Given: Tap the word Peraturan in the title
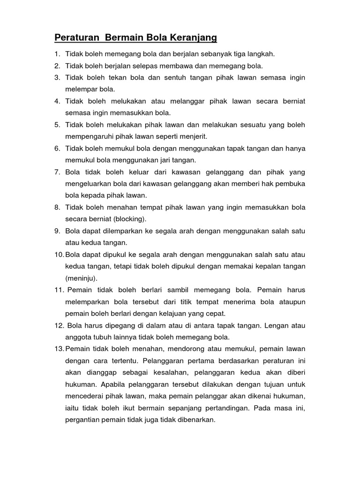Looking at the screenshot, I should click(x=77, y=37).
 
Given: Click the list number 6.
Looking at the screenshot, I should click(x=57, y=149).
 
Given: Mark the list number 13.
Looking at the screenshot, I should click(x=59, y=349).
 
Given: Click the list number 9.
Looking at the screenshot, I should click(x=57, y=231).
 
